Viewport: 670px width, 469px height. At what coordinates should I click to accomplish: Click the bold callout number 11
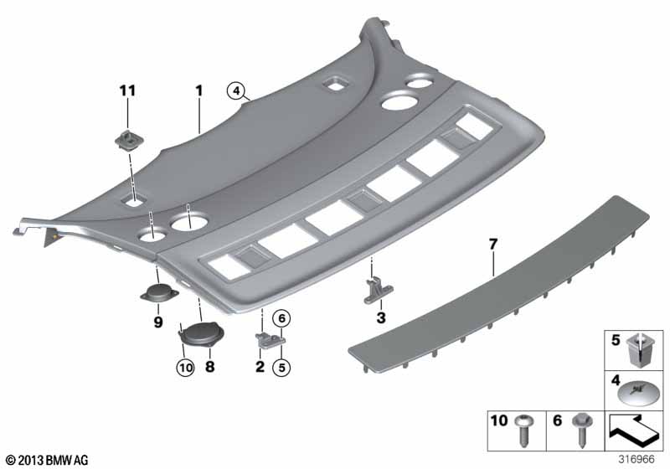127,90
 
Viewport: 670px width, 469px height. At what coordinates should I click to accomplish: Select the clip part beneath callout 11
129,139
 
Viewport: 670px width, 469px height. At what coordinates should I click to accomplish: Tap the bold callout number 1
199,90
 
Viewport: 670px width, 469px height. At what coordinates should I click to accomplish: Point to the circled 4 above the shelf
236,90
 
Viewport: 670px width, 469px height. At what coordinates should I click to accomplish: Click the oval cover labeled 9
159,293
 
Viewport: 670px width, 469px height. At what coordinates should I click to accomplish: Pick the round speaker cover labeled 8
202,333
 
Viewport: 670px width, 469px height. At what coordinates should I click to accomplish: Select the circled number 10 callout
185,368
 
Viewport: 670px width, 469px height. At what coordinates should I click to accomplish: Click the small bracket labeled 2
270,341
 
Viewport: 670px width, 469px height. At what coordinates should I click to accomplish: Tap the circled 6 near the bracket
281,318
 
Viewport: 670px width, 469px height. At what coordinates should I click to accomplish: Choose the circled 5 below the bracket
281,368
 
